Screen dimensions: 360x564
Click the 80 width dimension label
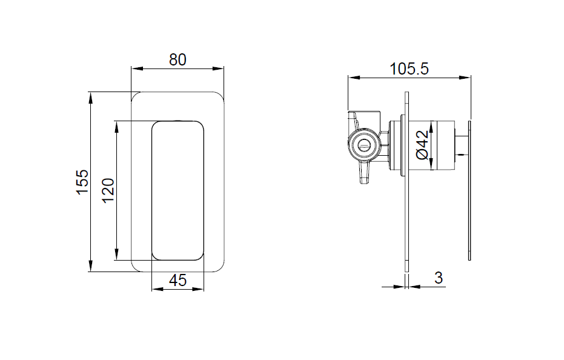click(177, 59)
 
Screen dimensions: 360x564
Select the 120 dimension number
click(108, 190)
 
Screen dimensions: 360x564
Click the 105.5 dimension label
click(409, 68)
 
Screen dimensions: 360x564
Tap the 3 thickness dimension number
click(439, 278)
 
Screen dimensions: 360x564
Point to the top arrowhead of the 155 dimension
click(91, 96)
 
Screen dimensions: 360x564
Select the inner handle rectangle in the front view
click(177, 190)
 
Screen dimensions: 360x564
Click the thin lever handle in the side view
click(469, 190)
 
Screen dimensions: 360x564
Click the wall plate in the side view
click(407, 182)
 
